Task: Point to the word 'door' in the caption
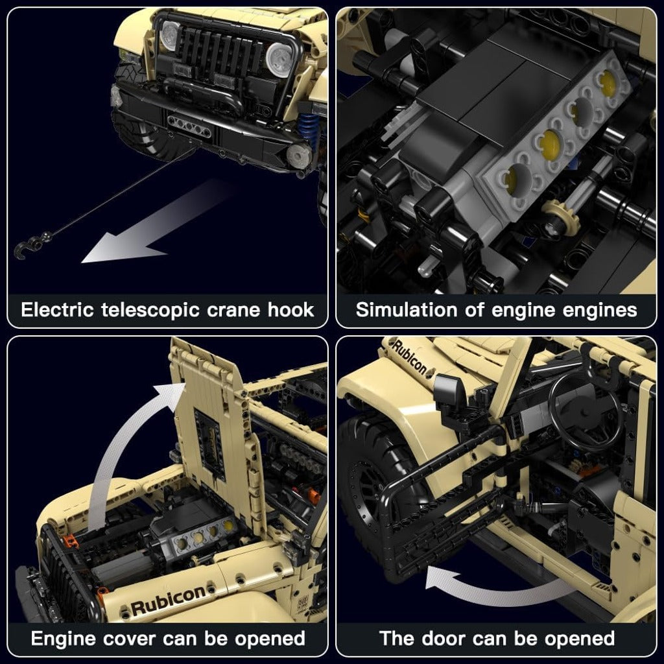pos(440,639)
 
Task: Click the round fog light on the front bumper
pos(298,156)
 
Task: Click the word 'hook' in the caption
pos(291,310)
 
